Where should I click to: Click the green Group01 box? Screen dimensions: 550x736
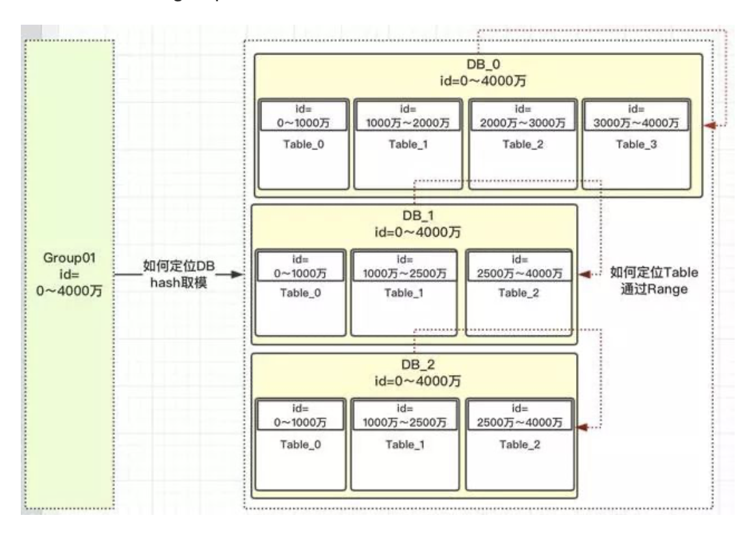click(x=70, y=273)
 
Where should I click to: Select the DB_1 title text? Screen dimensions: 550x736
click(x=415, y=216)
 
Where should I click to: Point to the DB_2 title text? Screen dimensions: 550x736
click(x=415, y=366)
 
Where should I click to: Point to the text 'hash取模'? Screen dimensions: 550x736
click(x=179, y=282)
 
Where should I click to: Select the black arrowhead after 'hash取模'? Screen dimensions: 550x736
click(x=237, y=275)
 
